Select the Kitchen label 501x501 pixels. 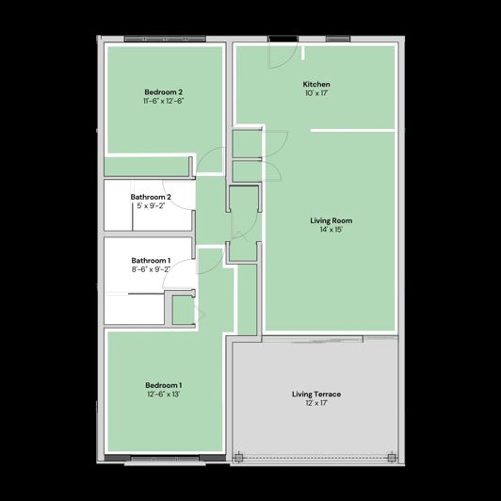(x=316, y=84)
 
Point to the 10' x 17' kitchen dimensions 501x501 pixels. (x=316, y=93)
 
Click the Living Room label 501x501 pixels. (x=331, y=219)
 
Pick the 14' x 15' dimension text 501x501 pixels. (x=331, y=229)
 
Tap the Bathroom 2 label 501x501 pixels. (x=151, y=197)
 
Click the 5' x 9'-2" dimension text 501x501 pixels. (x=151, y=205)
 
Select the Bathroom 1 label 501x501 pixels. (x=151, y=260)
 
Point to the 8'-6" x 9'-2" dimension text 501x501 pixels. (x=151, y=269)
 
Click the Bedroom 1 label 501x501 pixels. (x=163, y=384)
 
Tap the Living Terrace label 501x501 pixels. (x=316, y=394)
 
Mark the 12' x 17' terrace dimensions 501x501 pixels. (x=316, y=403)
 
